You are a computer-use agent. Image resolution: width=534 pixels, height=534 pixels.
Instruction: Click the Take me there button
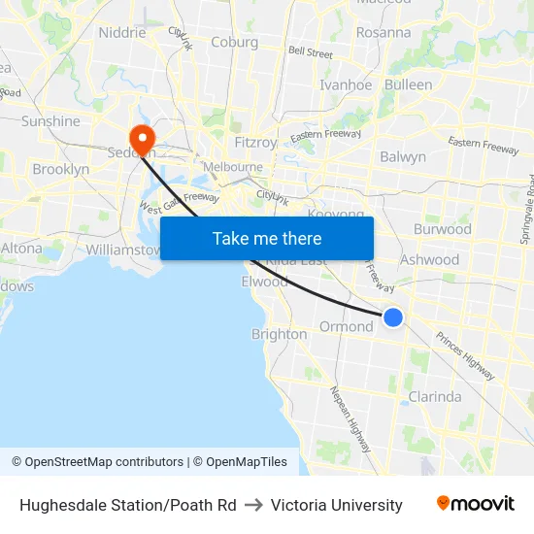pos(267,238)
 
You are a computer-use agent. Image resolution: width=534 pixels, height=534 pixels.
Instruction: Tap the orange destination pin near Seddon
pos(142,138)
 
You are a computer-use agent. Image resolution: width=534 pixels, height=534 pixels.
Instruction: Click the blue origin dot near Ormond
pos(393,317)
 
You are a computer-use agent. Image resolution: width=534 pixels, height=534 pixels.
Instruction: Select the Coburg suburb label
pos(235,42)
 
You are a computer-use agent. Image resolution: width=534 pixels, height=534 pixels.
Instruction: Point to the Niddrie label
pos(122,32)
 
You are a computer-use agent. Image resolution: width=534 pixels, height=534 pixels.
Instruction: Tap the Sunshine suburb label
pos(51,121)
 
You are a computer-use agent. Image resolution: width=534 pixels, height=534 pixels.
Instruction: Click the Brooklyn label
pos(61,169)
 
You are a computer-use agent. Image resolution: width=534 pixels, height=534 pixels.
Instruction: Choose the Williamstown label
pos(122,250)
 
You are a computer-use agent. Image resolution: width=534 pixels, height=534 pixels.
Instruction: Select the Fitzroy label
pos(256,142)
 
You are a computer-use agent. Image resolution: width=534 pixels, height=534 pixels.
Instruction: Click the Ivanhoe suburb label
pos(346,84)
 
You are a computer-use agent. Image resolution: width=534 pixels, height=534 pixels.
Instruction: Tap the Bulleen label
pos(409,84)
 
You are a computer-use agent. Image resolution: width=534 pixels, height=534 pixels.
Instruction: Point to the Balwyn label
pos(403,156)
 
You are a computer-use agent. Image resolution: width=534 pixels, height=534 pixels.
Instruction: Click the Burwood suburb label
pos(443,229)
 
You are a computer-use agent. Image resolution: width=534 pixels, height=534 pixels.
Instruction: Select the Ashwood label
pos(430,259)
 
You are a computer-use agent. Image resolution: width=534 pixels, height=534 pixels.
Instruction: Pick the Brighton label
pos(280,334)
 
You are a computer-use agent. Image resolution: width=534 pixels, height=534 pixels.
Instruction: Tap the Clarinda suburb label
pos(435,397)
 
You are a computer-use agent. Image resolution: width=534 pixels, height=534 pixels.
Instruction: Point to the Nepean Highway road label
pos(350,418)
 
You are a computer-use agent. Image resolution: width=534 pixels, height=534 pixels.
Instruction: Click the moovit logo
pos(476,504)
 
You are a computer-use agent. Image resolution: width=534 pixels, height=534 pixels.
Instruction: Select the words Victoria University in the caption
pos(337,505)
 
